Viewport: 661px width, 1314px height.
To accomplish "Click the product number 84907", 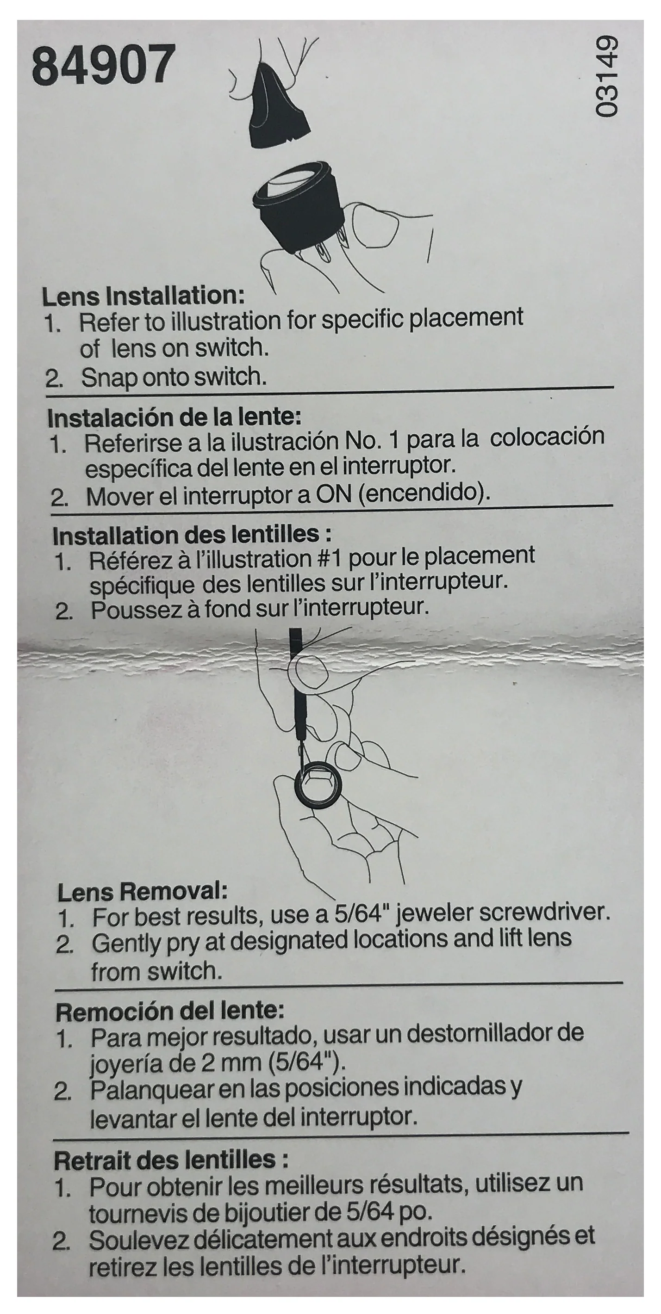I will point(104,65).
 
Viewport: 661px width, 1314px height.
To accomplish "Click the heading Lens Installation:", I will point(143,296).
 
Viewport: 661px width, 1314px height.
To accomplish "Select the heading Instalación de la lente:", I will point(174,417).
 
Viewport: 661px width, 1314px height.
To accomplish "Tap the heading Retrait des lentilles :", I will point(171,1160).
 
